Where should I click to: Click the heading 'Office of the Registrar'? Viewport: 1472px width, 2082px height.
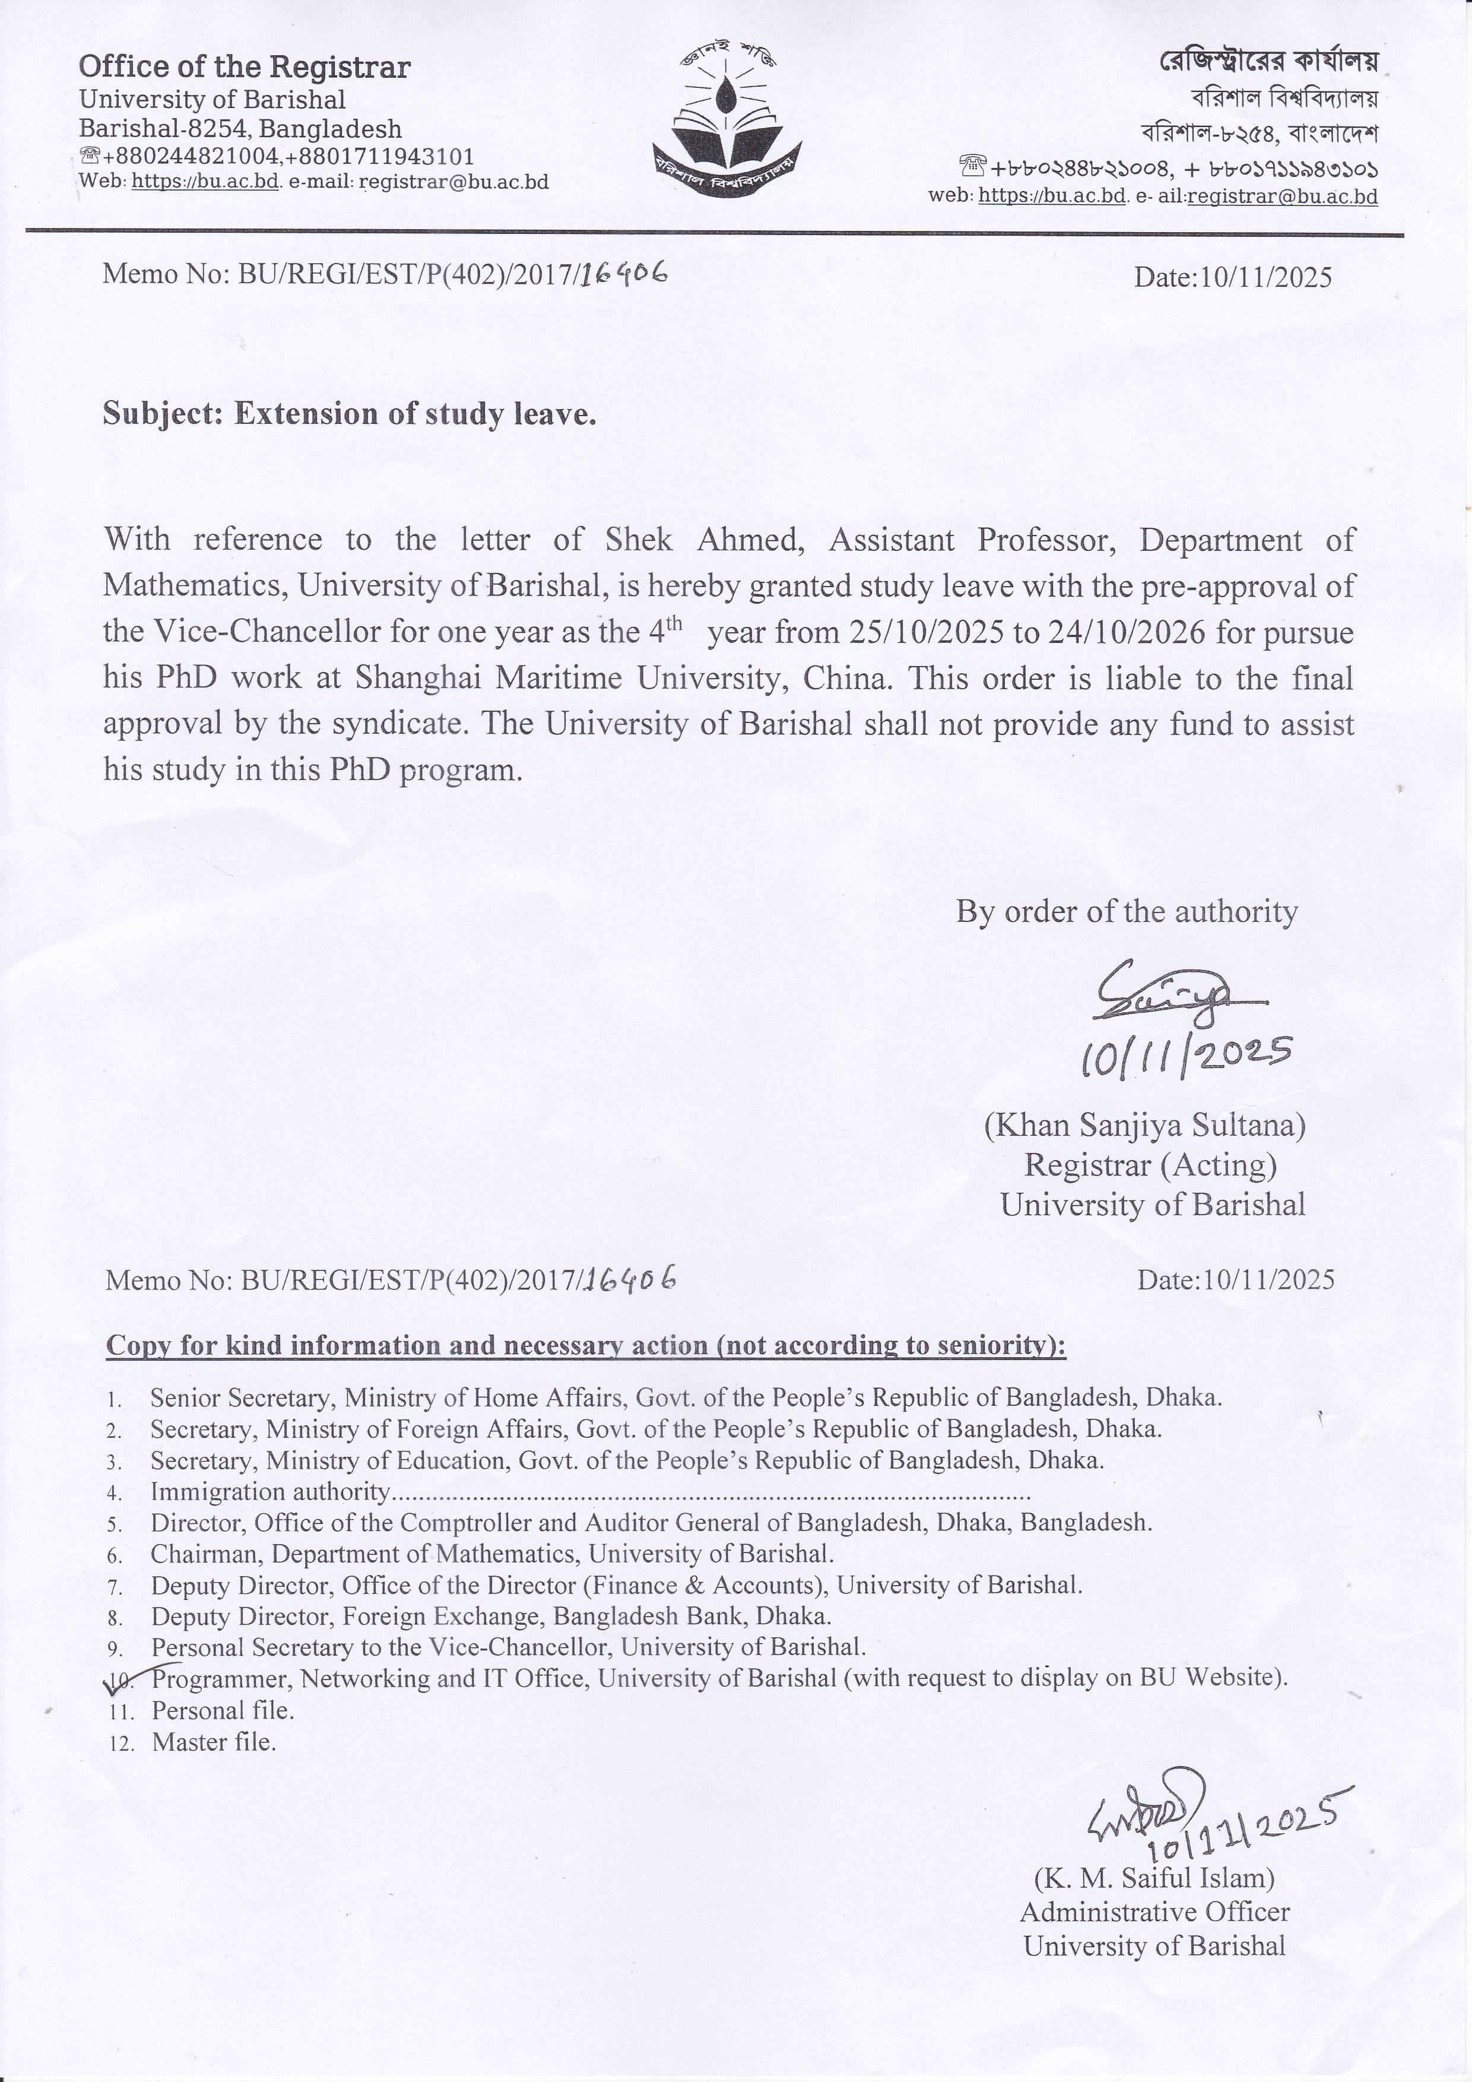(245, 67)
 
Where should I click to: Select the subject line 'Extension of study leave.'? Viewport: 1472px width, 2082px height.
(415, 414)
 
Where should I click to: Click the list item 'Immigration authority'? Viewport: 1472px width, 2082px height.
(270, 1492)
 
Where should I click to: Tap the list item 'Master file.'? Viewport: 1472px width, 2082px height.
(214, 1742)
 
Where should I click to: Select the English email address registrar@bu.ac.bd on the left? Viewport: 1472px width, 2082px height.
(454, 182)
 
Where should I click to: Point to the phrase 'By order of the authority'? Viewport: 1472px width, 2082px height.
(1127, 911)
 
